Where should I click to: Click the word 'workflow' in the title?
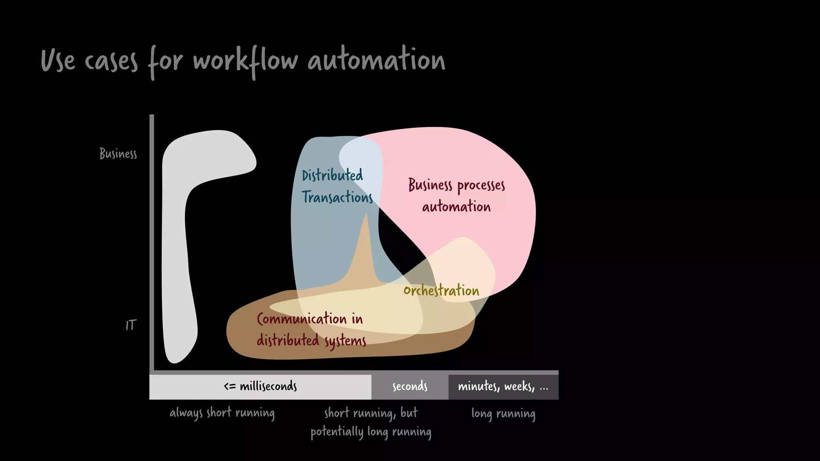point(245,61)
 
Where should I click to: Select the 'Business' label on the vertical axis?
point(118,154)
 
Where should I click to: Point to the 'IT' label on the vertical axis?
point(131,325)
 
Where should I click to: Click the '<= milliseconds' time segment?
point(260,387)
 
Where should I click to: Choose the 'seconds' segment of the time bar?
point(410,387)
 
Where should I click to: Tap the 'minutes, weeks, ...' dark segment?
point(503,387)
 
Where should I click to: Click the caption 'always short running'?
point(222,413)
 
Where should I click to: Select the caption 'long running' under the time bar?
point(503,413)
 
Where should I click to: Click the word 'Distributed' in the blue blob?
point(332,175)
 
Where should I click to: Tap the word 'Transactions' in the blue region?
point(337,197)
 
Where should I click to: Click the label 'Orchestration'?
point(441,290)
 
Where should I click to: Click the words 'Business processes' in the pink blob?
point(456,185)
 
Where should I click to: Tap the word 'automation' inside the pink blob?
point(456,206)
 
